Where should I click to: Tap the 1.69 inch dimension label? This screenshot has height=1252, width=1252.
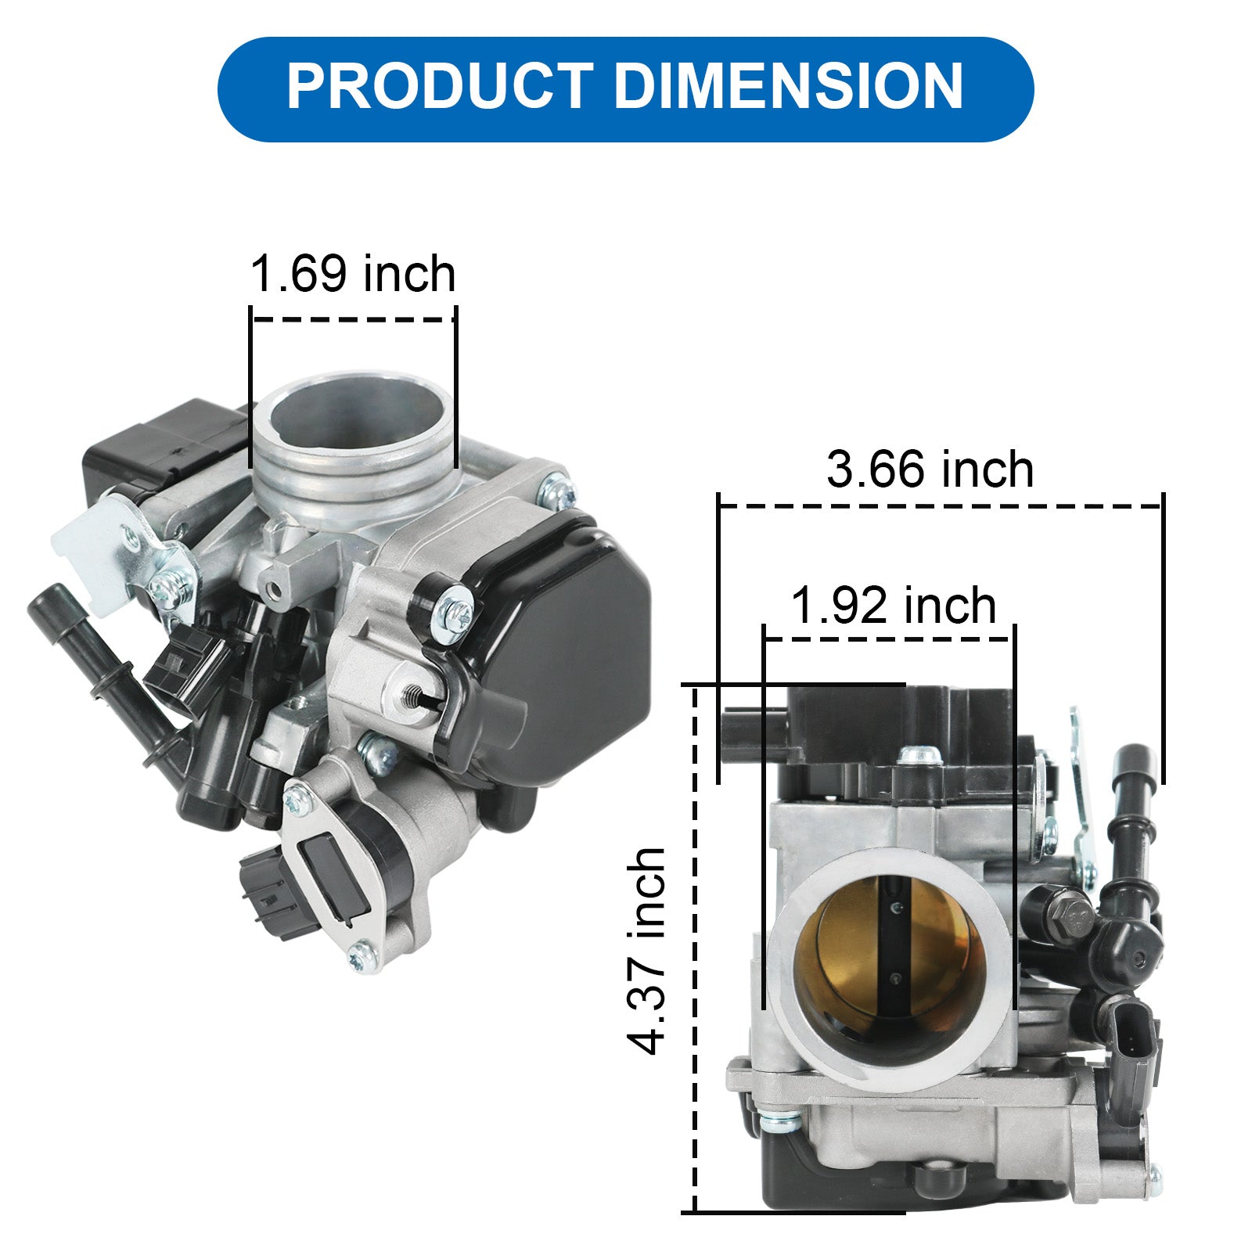click(x=352, y=274)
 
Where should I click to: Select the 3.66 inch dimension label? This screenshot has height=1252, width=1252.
click(x=930, y=469)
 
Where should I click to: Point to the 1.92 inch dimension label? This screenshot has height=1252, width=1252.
click(x=894, y=606)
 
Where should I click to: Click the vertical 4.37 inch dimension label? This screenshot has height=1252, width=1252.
click(x=647, y=951)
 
